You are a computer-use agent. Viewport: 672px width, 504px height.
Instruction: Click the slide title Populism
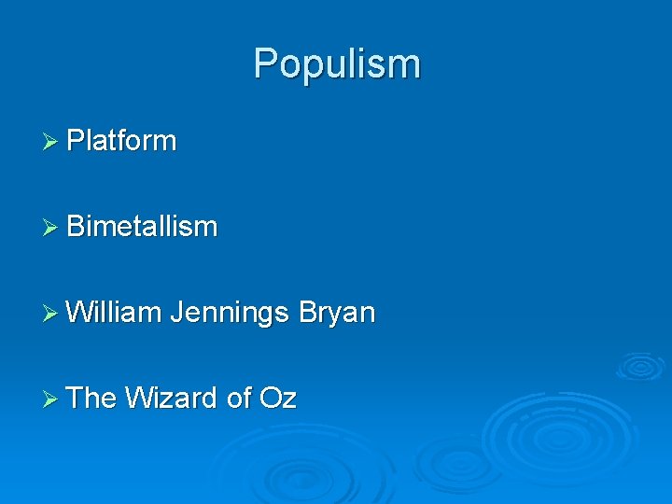pyautogui.click(x=337, y=64)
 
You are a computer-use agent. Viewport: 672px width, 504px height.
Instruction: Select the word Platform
pyautogui.click(x=121, y=141)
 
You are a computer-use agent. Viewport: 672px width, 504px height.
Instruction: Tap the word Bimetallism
pyautogui.click(x=142, y=227)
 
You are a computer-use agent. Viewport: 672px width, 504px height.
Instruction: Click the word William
pyautogui.click(x=114, y=313)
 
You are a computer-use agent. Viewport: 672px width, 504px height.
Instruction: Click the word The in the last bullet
pyautogui.click(x=91, y=399)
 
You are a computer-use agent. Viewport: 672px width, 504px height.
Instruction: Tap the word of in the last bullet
pyautogui.click(x=239, y=399)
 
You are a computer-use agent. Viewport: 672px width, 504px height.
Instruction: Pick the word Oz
pyautogui.click(x=278, y=399)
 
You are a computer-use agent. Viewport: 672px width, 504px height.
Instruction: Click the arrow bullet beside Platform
pyautogui.click(x=50, y=142)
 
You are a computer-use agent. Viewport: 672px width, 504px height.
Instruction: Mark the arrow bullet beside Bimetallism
pyautogui.click(x=50, y=228)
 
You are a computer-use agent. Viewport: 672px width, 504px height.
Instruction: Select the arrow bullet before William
pyautogui.click(x=50, y=314)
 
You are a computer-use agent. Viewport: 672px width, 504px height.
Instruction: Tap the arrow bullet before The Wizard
pyautogui.click(x=50, y=399)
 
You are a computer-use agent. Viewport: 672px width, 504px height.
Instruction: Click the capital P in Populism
pyautogui.click(x=266, y=63)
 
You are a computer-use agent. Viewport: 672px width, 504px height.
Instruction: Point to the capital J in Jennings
pyautogui.click(x=176, y=313)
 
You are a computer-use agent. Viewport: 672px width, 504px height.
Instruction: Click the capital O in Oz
pyautogui.click(x=270, y=399)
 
